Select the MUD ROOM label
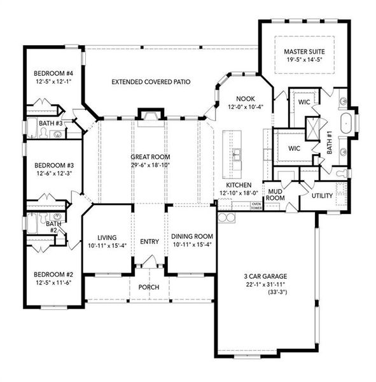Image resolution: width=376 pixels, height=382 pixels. coord(275,194)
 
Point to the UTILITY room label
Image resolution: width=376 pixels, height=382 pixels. coord(322,195)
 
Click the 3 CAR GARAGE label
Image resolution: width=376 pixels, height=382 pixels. coord(265,276)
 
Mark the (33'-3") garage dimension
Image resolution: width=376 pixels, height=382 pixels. coord(265,294)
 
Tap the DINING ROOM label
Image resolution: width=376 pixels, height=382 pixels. coord(190,236)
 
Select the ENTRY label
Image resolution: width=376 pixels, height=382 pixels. coord(149,241)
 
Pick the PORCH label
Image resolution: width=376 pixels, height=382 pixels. coord(149,286)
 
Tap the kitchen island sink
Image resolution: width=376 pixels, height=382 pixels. coord(236,153)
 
